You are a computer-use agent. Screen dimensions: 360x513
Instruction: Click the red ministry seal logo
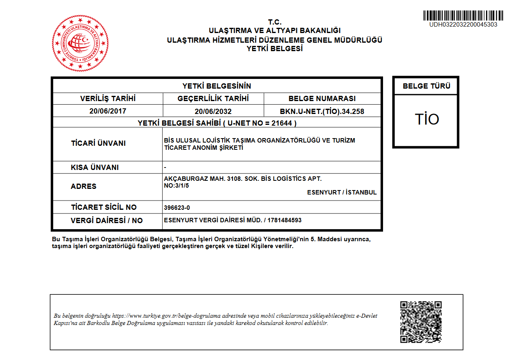[x=80, y=43]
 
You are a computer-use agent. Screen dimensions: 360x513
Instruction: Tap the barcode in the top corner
[x=463, y=16]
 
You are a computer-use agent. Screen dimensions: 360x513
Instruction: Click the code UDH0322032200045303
[x=463, y=25]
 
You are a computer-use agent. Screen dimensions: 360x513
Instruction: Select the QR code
[x=421, y=322]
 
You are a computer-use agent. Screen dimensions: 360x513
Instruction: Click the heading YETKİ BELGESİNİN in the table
[x=216, y=86]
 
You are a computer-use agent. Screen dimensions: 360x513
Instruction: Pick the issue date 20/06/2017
[x=108, y=111]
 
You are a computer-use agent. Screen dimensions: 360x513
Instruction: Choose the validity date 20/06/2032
[x=213, y=111]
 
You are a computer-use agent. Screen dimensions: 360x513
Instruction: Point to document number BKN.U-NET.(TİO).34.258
[x=322, y=111]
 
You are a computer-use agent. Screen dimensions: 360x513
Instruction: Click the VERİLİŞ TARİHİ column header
[x=108, y=99]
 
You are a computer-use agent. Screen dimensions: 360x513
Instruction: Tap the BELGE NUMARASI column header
[x=322, y=99]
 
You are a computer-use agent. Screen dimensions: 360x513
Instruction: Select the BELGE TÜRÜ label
[x=426, y=86]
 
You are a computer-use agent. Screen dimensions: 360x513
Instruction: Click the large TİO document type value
[x=426, y=120]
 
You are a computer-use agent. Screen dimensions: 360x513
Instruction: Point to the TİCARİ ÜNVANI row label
[x=98, y=143]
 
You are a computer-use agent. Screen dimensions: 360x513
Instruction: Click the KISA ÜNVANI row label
[x=95, y=168]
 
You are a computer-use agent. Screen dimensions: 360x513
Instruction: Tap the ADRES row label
[x=84, y=186]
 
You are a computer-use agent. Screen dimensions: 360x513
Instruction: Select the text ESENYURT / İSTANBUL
[x=342, y=192]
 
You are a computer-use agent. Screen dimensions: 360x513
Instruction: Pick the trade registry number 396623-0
[x=177, y=208]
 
